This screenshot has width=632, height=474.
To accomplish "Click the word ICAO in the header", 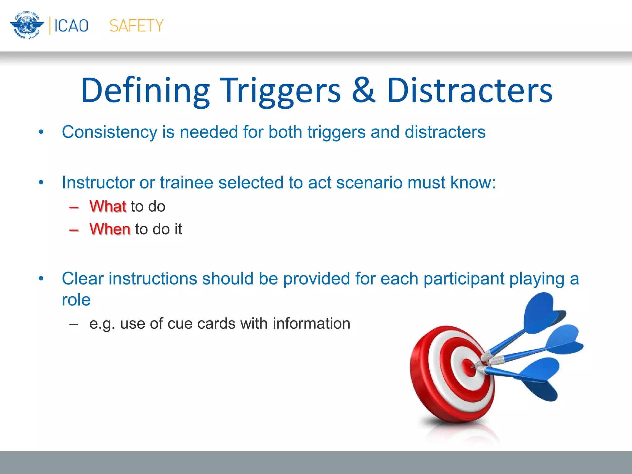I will point(71,26).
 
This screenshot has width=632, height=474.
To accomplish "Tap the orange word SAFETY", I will point(136,26).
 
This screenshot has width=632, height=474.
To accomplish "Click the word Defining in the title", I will point(145,91).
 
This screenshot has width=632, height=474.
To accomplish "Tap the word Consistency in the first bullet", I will point(110,132).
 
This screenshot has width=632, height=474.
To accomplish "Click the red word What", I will point(108,206).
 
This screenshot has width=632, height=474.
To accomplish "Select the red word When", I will point(110,229).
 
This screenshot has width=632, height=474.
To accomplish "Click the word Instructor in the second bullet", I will point(98,182).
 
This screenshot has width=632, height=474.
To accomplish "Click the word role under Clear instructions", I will point(76,300).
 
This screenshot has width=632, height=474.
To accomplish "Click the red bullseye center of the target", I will point(469,367).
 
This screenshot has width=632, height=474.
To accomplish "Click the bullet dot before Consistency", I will point(41,132).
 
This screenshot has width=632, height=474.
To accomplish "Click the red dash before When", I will point(74,230).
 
